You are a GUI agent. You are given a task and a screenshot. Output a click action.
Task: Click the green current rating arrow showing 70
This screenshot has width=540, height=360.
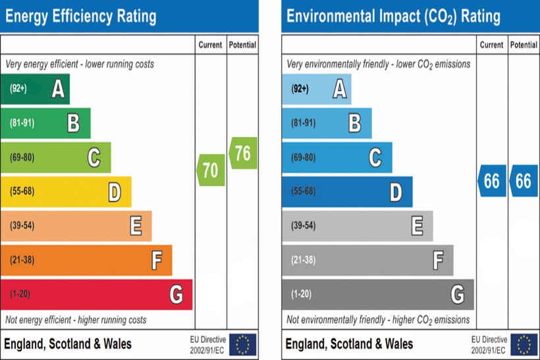(x=211, y=170)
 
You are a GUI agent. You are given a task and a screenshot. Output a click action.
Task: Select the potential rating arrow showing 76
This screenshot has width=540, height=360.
(x=242, y=153)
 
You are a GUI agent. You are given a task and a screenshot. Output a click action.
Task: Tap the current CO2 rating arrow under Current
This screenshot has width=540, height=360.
(x=491, y=181)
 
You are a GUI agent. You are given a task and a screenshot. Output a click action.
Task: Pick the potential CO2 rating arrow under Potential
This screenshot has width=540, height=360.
(x=523, y=181)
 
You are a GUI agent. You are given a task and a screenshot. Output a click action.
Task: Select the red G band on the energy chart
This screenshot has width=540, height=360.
(x=96, y=294)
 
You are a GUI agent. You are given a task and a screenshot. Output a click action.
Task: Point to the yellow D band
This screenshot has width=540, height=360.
(x=66, y=192)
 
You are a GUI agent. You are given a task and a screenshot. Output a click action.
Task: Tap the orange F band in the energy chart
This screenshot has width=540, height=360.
(x=86, y=260)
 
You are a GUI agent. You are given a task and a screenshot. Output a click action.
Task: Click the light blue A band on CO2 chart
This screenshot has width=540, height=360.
(x=317, y=89)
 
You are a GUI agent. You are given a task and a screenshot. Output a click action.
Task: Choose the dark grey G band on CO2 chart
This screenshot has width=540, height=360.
(x=378, y=294)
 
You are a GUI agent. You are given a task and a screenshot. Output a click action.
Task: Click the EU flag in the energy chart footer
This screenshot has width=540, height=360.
(x=243, y=344)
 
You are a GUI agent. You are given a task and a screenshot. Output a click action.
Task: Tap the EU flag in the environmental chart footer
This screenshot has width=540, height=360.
(x=524, y=344)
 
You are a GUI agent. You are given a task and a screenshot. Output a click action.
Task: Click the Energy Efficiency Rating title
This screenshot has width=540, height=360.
(x=80, y=16)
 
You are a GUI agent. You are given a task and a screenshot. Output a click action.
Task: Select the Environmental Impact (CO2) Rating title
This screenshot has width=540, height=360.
(x=393, y=16)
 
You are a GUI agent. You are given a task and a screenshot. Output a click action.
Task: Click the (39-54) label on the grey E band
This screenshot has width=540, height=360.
(x=303, y=226)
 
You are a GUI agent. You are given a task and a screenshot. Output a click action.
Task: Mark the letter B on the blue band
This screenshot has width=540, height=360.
(x=354, y=123)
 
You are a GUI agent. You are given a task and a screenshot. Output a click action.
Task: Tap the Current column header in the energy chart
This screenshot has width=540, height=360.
(x=210, y=45)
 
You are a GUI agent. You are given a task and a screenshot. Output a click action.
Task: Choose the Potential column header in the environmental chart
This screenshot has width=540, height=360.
(x=524, y=45)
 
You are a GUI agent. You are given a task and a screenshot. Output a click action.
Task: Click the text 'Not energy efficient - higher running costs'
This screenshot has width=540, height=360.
(x=76, y=320)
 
